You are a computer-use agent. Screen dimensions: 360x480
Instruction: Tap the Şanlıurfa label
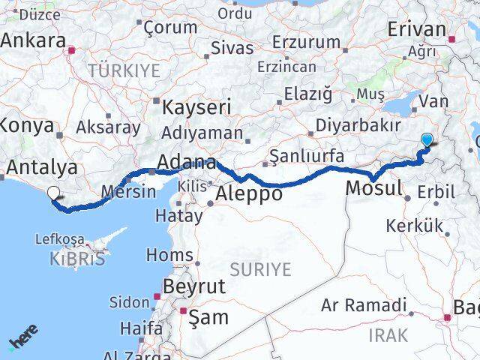pos(306,156)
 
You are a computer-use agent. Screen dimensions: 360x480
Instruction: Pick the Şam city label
pos(209,317)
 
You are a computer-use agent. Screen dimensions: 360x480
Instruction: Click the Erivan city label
pos(417,29)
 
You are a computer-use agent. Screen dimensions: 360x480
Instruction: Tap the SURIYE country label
pos(260,269)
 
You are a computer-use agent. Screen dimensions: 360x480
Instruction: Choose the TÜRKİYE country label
pos(124,70)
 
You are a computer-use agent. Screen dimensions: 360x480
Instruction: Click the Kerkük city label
pos(414,225)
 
